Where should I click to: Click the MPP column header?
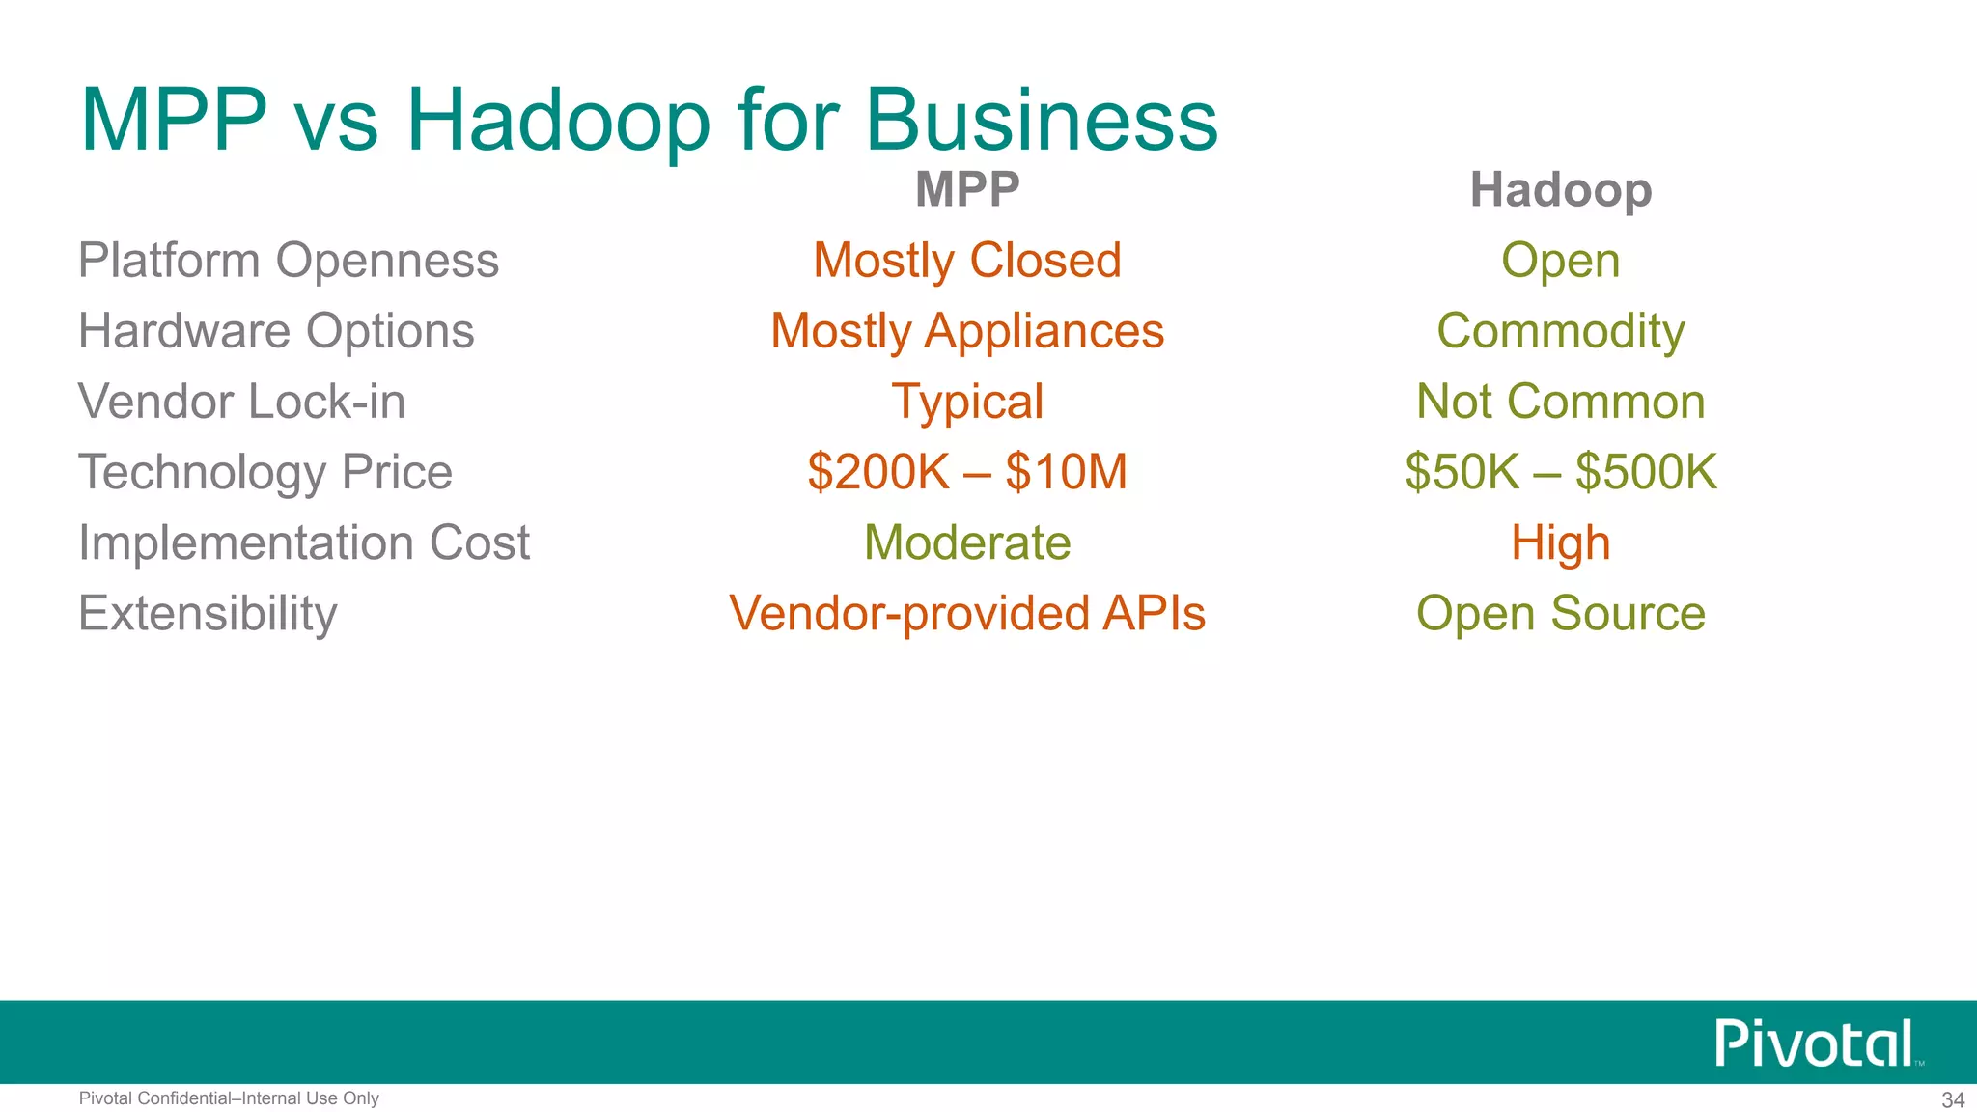pos(967,189)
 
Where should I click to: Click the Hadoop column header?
pos(1560,189)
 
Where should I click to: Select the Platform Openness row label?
pos(288,261)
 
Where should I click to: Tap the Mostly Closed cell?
pos(967,261)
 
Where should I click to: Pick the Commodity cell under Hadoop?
pos(1560,331)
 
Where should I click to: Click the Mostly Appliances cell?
pos(967,331)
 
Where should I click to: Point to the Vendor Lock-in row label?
pos(241,402)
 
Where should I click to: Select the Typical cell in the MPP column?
pos(967,402)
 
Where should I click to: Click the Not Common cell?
pos(1560,402)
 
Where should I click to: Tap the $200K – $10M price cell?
pos(967,472)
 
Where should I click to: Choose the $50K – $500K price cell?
pos(1560,472)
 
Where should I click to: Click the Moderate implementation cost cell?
pos(967,542)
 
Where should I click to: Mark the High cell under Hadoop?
pos(1560,542)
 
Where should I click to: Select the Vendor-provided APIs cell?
pos(967,614)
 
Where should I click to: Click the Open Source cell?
pos(1560,614)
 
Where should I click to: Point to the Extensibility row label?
pos(208,614)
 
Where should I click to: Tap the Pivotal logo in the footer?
pos(1815,1043)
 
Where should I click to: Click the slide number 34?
pos(1952,1099)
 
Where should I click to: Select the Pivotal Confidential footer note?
pos(229,1098)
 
